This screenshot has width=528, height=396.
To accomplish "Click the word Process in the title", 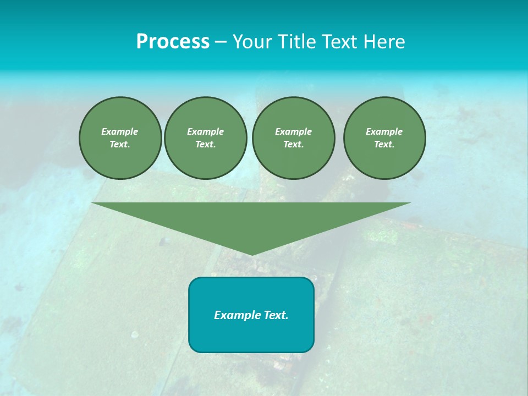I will point(173,42).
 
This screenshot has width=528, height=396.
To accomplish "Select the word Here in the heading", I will point(384,42).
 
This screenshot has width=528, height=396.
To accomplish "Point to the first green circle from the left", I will point(120,138).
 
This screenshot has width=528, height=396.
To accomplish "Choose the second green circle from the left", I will point(205,138).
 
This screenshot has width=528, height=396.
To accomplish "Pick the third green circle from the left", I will point(293,138).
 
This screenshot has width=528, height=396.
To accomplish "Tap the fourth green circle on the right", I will point(384,138).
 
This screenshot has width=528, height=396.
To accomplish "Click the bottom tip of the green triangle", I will point(251,254).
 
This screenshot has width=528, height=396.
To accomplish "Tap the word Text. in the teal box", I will point(274,315).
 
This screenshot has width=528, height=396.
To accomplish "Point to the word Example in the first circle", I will point(120,131).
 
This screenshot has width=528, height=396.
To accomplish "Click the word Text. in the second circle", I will point(205,145).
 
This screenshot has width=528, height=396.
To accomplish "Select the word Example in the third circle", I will point(293,131).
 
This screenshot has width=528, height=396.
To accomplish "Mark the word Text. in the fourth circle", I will point(384,145).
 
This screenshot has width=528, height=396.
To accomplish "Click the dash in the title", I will point(221,42).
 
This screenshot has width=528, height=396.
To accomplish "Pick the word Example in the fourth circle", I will point(384,131).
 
